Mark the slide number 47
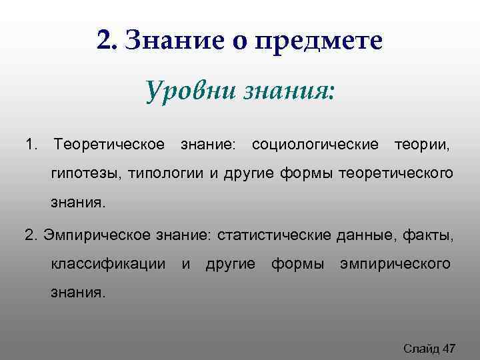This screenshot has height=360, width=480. [449, 347]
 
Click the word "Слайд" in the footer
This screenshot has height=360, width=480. [421, 347]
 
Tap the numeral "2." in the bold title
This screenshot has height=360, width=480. [107, 41]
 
